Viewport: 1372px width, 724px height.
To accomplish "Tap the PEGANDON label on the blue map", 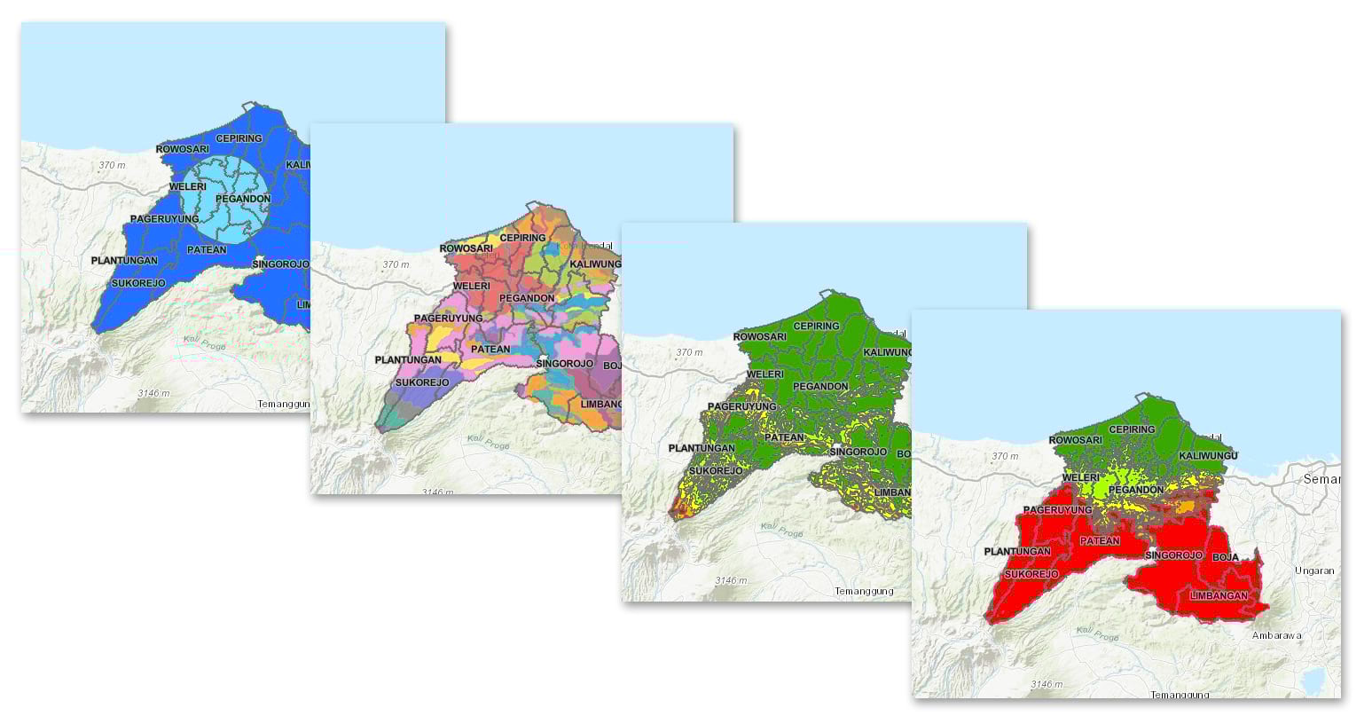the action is (x=243, y=199).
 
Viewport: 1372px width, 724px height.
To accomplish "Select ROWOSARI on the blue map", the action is (x=183, y=149).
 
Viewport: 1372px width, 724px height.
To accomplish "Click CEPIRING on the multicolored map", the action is (x=522, y=238).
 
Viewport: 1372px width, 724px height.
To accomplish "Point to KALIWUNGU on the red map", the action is (x=1208, y=455).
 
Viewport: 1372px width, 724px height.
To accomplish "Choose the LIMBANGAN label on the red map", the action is (x=1219, y=595).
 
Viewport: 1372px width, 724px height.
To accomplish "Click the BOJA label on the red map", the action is (x=1225, y=557).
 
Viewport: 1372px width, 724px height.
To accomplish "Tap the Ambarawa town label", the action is (x=1276, y=635).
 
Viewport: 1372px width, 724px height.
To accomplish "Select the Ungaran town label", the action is (x=1314, y=571).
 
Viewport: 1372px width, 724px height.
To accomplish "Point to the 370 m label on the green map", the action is (x=689, y=352).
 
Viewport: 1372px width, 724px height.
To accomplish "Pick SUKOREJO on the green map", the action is (x=716, y=470).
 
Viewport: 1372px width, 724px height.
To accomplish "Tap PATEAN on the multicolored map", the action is (x=490, y=349).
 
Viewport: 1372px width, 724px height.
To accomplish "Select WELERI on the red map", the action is (x=1081, y=477).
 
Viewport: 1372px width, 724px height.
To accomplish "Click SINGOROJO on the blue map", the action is (x=280, y=264).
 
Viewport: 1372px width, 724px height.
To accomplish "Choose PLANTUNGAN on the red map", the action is (x=1017, y=552).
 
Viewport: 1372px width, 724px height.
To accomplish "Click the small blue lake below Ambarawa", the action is (x=1312, y=680).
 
